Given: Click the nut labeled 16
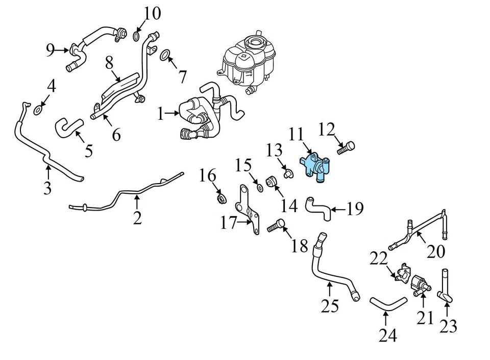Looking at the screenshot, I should coord(221,197).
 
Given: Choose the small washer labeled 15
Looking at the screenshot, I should coord(259,188).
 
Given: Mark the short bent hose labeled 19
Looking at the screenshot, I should coord(317,208).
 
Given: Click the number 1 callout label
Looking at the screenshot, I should coord(161,114).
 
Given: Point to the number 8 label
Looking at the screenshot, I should coord(109,64).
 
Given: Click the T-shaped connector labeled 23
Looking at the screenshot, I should coord(445,288).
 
